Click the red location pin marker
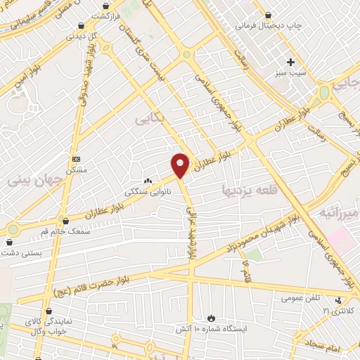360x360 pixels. pyautogui.click(x=181, y=164)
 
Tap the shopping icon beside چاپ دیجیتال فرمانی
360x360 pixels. pyautogui.click(x=268, y=14)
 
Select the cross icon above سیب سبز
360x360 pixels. pyautogui.click(x=290, y=61)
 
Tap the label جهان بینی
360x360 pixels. pyautogui.click(x=36, y=179)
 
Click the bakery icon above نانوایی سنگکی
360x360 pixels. pyautogui.click(x=148, y=181)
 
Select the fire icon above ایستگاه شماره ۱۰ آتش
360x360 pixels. pyautogui.click(x=212, y=317)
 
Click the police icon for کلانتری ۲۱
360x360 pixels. pyautogui.click(x=339, y=300)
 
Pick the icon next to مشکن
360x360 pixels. pyautogui.click(x=76, y=159)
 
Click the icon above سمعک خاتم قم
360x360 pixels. pyautogui.click(x=65, y=221)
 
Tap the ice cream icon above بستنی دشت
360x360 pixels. pyautogui.click(x=9, y=241)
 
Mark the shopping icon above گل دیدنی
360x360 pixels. pyautogui.click(x=82, y=26)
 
